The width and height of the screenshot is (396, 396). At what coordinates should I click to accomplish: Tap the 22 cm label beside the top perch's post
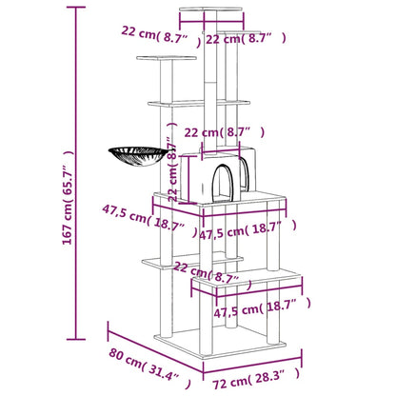[x=246, y=39]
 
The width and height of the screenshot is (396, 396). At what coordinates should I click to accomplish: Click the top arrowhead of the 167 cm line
[x=73, y=8]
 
